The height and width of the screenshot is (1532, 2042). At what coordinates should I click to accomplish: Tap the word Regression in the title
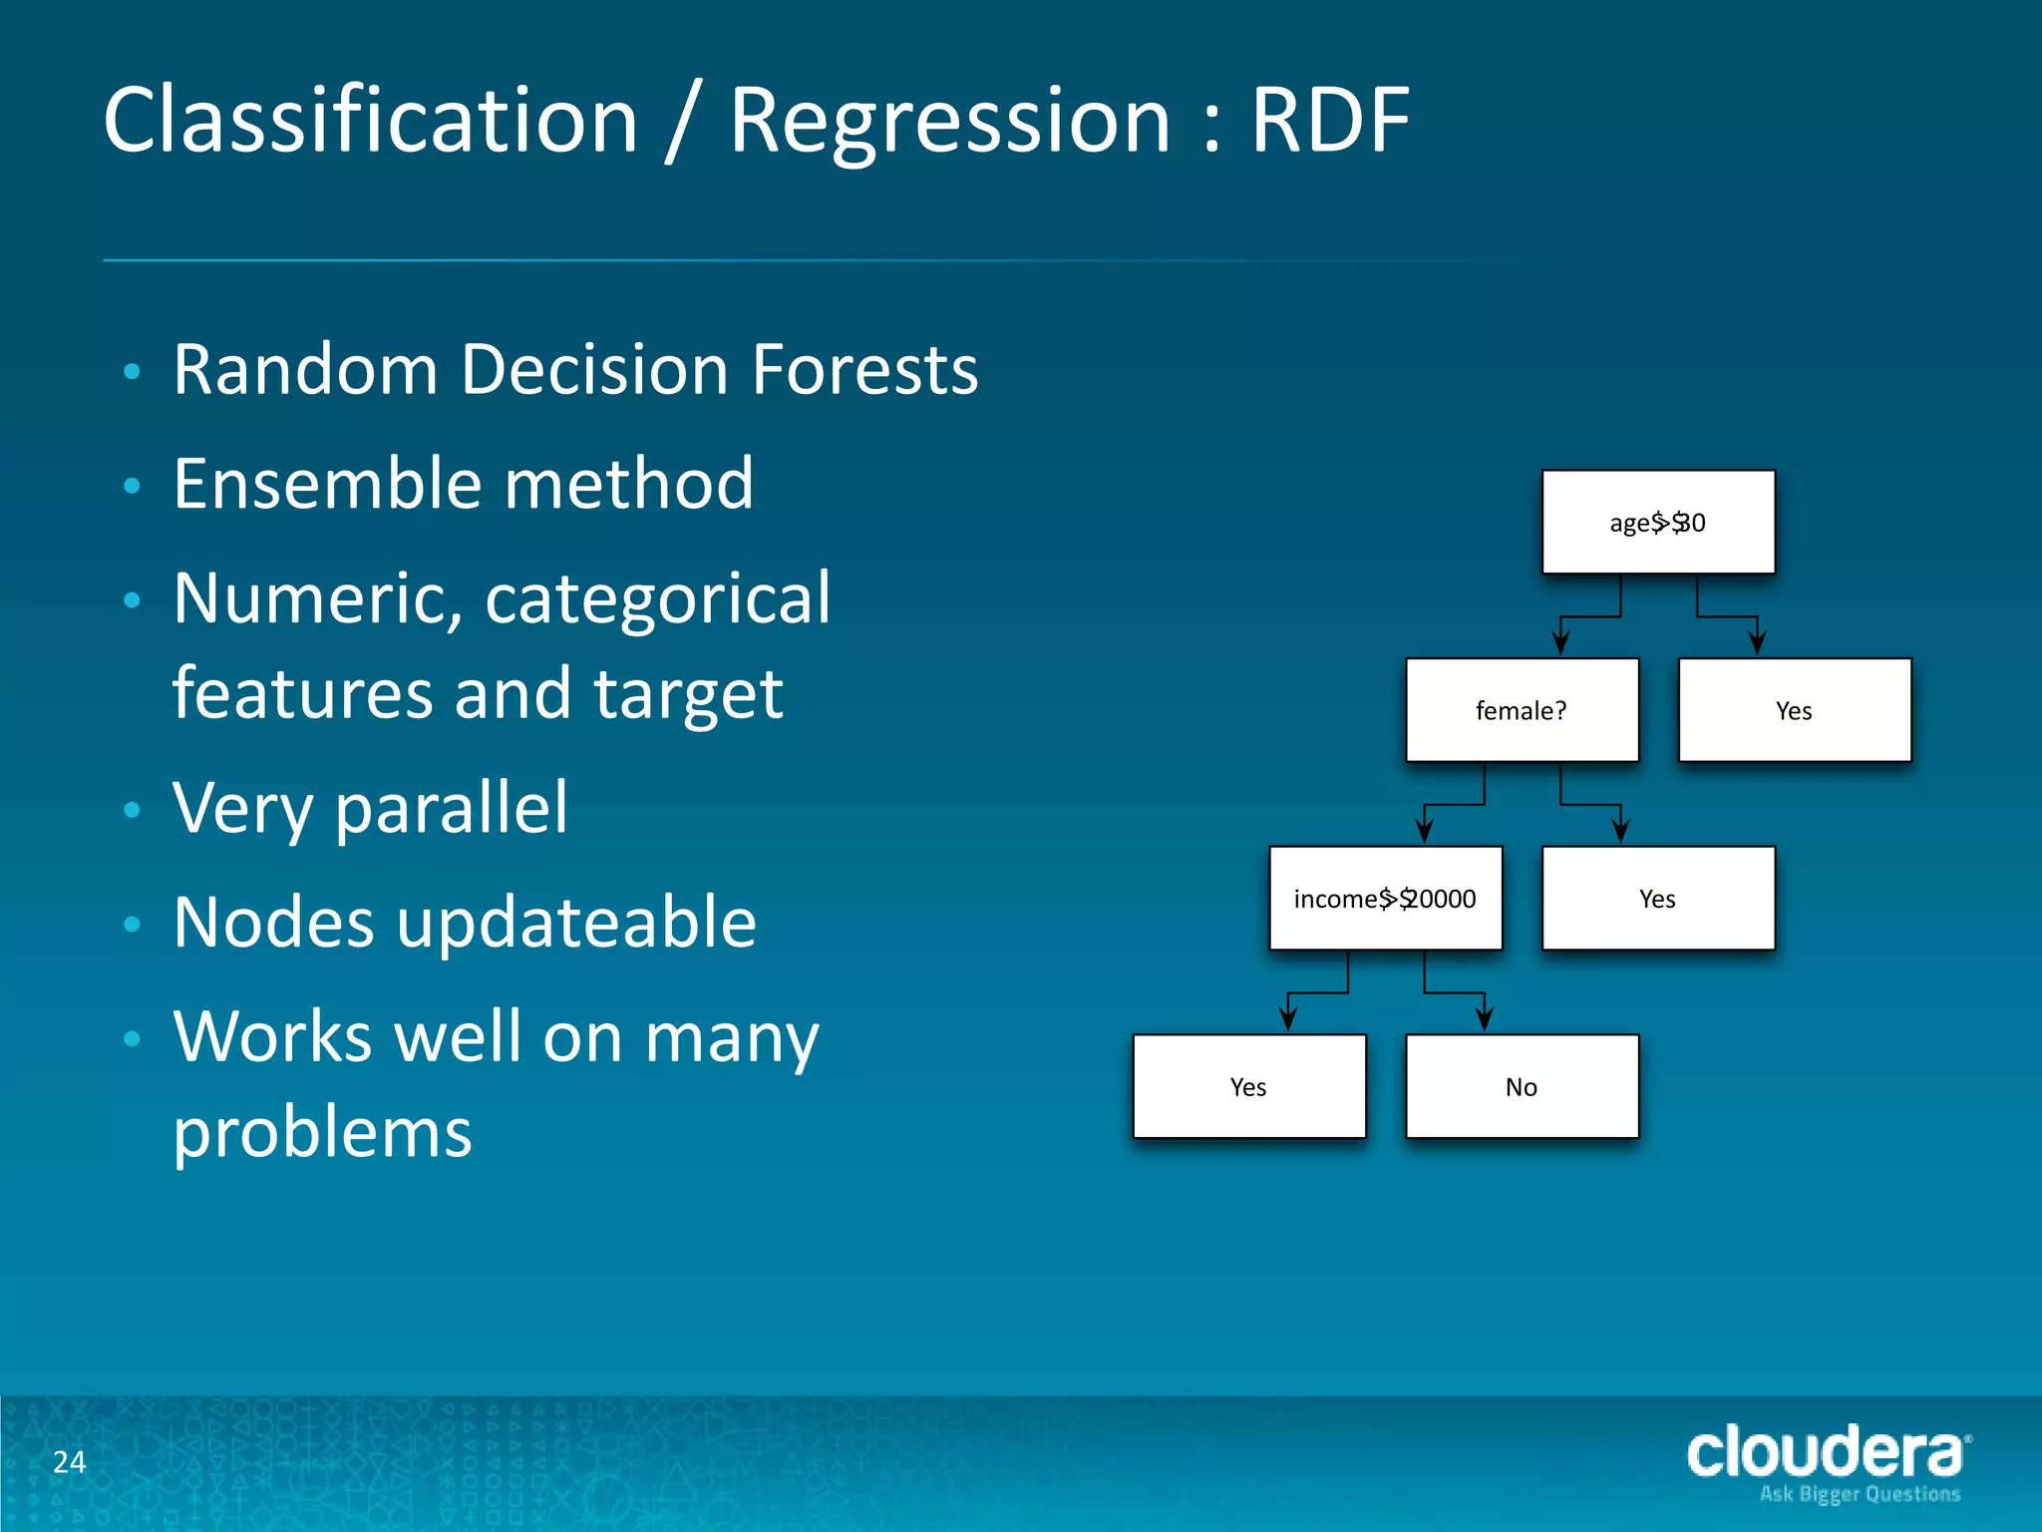tap(949, 122)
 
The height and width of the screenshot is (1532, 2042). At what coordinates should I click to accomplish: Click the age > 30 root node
tap(1657, 522)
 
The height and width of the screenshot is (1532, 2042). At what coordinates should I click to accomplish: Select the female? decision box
tap(1522, 710)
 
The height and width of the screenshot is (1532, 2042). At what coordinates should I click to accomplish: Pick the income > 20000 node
tap(1385, 898)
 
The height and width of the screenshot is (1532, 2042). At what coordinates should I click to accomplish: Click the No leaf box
tap(1522, 1086)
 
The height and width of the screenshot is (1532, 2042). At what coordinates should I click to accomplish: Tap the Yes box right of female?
tap(1794, 710)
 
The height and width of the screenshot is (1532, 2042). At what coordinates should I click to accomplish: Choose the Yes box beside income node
tap(1657, 898)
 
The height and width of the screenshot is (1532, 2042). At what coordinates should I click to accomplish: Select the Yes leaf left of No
tap(1248, 1086)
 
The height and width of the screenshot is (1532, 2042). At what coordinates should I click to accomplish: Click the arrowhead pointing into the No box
tap(1485, 1020)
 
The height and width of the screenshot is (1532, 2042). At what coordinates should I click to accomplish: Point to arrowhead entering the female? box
tap(1561, 644)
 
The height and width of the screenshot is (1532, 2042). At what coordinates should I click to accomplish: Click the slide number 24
tap(69, 1462)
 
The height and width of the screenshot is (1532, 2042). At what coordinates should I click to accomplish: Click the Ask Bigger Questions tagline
tap(1860, 1494)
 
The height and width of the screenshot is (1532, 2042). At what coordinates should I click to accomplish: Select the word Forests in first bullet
tap(864, 369)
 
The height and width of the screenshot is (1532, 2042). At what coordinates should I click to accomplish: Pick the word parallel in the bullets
tap(451, 808)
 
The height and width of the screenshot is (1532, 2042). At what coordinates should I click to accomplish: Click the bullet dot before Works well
tap(132, 1039)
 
